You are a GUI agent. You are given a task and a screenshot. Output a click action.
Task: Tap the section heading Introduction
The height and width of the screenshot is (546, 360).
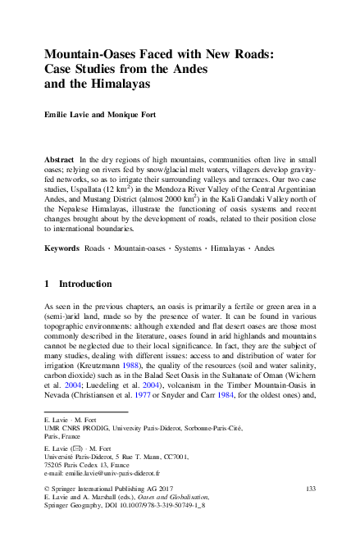coord(86,284)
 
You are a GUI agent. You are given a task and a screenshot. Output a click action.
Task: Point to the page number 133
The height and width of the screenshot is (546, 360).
coord(309,489)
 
